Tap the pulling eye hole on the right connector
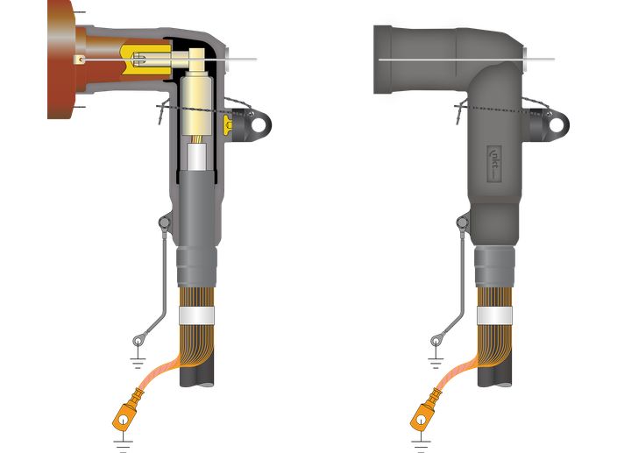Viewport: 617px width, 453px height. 556,124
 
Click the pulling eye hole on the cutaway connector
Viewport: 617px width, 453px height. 260,124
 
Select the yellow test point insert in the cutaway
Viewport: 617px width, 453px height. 230,124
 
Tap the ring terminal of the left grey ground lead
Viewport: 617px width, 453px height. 138,340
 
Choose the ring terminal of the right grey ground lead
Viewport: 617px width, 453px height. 436,340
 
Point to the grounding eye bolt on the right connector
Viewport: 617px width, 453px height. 462,224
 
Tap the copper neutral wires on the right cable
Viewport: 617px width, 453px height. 495,346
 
